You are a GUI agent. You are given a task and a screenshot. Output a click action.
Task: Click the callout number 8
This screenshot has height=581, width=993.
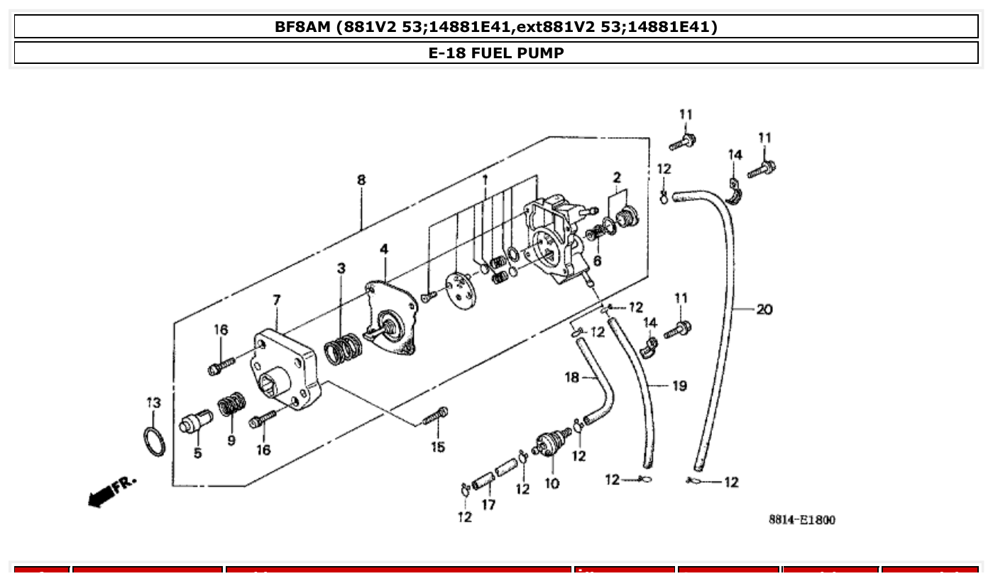361,180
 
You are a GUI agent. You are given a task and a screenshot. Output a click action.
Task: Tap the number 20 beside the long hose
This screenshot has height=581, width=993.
764,310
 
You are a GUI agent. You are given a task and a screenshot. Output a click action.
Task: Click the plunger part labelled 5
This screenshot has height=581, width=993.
194,422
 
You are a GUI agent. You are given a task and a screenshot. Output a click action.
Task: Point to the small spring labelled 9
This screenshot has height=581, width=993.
231,407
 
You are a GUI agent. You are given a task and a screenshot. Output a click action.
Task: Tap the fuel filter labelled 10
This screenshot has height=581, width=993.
550,444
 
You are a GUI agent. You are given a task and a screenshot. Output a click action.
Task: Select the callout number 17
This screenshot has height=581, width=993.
488,505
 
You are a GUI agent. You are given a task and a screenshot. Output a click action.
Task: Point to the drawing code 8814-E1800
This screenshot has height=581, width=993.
801,520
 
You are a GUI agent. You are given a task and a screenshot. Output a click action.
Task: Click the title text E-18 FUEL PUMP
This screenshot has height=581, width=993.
496,53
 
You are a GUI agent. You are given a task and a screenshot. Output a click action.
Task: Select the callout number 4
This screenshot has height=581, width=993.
384,249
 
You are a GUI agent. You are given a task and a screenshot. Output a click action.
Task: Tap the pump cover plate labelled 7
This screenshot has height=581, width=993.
284,369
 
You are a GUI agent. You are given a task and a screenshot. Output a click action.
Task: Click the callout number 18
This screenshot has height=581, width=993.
572,378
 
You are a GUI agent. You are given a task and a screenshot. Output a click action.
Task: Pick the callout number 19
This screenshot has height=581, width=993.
679,386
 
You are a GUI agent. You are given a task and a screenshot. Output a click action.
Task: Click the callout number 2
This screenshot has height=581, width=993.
617,177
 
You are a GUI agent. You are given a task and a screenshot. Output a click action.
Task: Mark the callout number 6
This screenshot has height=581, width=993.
597,261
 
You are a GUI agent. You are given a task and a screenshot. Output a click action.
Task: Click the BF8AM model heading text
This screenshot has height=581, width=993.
496,27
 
